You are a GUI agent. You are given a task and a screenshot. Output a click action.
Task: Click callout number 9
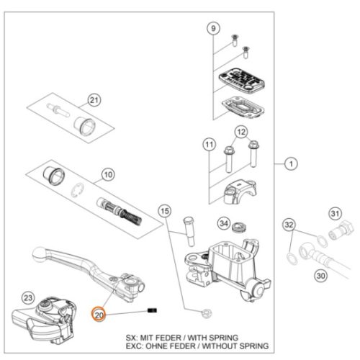[213, 28]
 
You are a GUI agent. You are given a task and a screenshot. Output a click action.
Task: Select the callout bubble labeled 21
[94, 100]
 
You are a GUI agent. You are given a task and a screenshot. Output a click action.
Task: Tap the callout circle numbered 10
[108, 175]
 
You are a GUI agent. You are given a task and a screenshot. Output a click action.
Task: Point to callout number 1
[291, 164]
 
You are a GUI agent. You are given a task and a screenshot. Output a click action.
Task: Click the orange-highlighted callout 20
[99, 315]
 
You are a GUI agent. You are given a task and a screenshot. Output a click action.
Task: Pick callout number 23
[28, 298]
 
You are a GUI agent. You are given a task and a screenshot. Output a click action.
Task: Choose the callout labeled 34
[224, 223]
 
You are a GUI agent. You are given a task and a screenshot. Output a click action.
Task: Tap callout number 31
[335, 213]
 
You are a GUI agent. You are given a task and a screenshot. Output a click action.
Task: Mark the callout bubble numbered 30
[321, 276]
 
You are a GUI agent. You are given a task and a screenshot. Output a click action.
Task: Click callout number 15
[165, 211]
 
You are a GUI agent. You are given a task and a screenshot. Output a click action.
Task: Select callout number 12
[241, 132]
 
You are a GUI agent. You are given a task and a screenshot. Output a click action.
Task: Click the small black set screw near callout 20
[152, 310]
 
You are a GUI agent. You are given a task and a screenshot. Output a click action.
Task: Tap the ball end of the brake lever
[39, 255]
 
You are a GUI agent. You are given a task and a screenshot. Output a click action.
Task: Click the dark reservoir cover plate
[241, 80]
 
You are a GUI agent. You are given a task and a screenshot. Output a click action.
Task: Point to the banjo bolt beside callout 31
[341, 230]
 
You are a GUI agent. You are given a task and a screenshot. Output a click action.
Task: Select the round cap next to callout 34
[239, 228]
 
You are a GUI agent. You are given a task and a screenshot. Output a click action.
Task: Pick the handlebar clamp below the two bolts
[240, 192]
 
